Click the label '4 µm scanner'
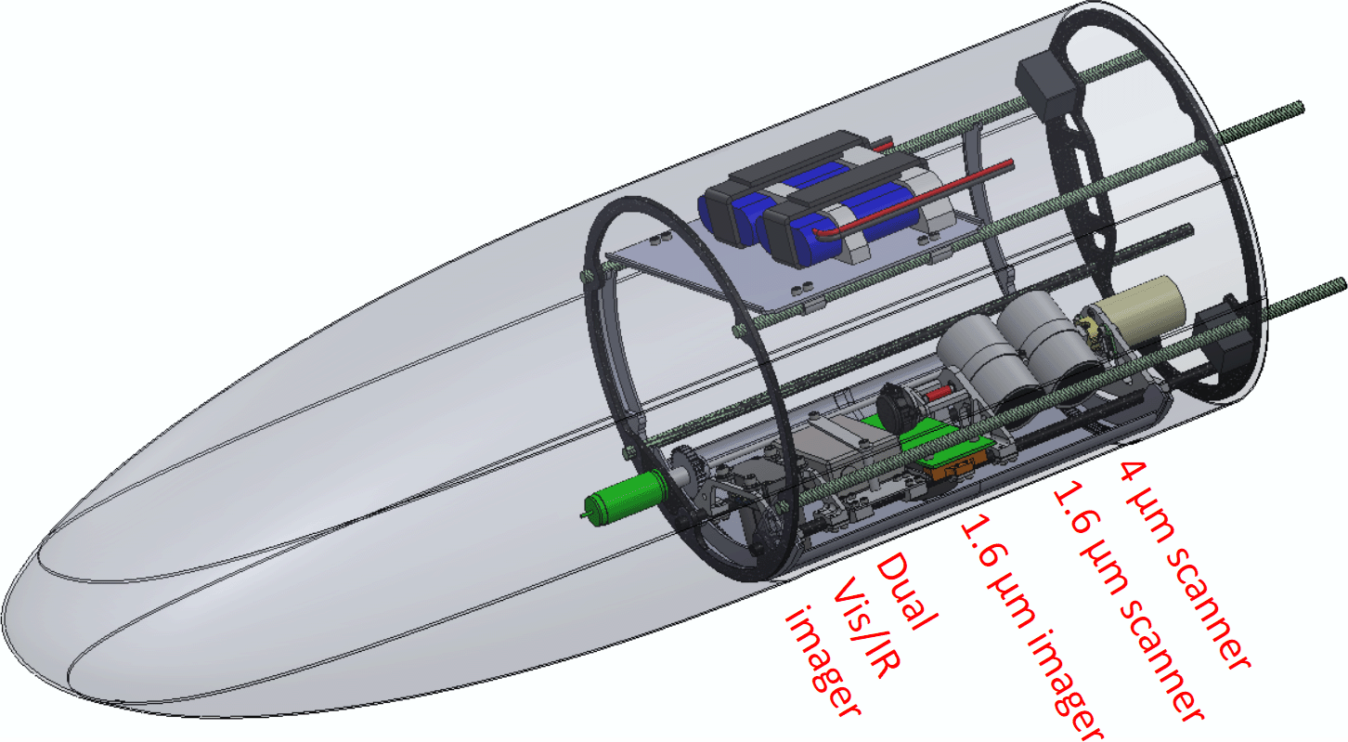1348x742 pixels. coord(1185,566)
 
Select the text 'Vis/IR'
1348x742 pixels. coord(866,627)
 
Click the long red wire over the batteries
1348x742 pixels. coord(914,199)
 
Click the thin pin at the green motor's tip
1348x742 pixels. coord(583,515)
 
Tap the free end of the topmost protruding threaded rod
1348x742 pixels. coord(1300,107)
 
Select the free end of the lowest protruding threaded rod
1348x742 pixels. coord(1342,284)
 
